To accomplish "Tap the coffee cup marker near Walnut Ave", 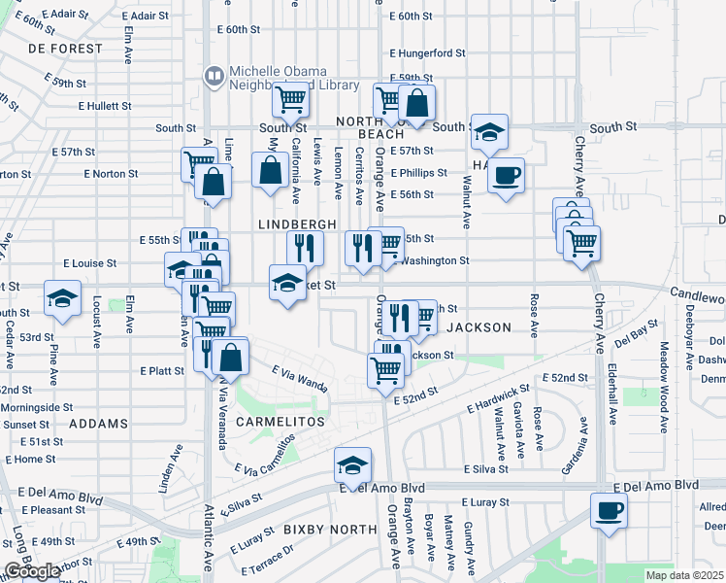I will pyautogui.click(x=505, y=176).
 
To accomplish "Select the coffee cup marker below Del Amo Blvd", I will pyautogui.click(x=609, y=511).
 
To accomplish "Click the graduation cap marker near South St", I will pyautogui.click(x=489, y=131).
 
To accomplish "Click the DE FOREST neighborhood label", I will pyautogui.click(x=65, y=49).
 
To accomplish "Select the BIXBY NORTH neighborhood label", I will pyautogui.click(x=330, y=530).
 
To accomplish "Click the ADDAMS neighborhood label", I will pyautogui.click(x=98, y=425).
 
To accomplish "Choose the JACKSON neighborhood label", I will pyautogui.click(x=478, y=327).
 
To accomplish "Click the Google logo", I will pyautogui.click(x=32, y=571).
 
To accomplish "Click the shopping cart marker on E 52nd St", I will pyautogui.click(x=385, y=371).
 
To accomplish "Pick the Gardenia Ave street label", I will pyautogui.click(x=574, y=447).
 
